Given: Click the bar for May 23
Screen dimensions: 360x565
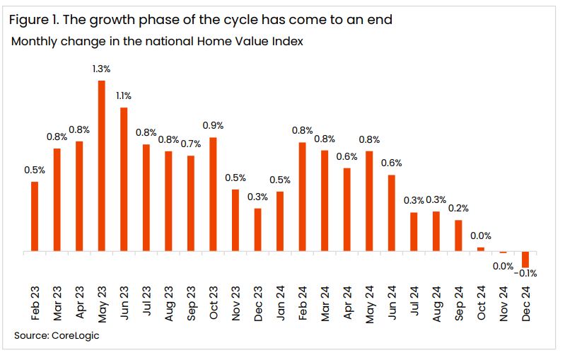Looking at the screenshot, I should (101, 166).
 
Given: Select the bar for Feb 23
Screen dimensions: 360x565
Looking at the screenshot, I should (35, 216).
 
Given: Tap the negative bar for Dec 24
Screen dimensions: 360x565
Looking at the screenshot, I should (525, 259).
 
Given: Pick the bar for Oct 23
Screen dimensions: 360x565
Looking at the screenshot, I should (213, 194).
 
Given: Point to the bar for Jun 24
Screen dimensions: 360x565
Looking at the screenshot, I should (392, 213).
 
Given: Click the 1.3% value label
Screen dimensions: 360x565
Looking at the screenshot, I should (101, 69).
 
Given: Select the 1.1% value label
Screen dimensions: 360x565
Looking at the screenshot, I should (123, 95).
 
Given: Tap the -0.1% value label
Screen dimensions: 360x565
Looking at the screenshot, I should (526, 273).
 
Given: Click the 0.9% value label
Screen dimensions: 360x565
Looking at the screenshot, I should (213, 125).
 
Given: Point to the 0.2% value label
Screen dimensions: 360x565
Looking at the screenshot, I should (458, 209).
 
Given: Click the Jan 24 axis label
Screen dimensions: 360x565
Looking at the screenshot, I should (280, 304).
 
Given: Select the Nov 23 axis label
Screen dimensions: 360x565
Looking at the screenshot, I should (235, 304).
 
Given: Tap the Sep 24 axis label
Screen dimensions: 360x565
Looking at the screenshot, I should (459, 304).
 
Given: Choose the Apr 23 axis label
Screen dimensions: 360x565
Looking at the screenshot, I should (79, 304).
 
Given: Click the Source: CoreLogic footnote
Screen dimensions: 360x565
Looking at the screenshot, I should (57, 335).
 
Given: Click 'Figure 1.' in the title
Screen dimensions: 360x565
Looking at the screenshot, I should (32, 20).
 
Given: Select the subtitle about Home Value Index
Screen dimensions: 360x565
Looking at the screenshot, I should (157, 42).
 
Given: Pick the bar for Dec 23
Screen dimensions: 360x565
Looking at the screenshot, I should (257, 230).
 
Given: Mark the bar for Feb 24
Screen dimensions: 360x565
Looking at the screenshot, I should (303, 197).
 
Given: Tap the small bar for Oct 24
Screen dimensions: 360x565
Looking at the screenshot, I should (481, 249).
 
